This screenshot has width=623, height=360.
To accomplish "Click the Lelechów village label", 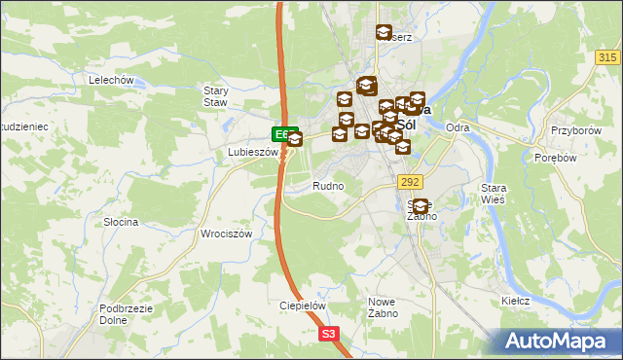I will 109,80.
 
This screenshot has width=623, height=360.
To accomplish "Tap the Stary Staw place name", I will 216,95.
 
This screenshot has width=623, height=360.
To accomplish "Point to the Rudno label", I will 327,185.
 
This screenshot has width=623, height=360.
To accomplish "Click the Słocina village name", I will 121,222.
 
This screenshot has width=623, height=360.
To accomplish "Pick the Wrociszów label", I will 226,234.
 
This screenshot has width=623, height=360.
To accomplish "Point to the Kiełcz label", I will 515,301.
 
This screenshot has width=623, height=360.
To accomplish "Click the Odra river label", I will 457,127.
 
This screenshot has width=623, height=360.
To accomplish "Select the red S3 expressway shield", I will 330,334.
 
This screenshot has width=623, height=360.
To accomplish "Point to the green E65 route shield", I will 282,133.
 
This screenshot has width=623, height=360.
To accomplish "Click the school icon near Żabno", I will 421,206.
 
